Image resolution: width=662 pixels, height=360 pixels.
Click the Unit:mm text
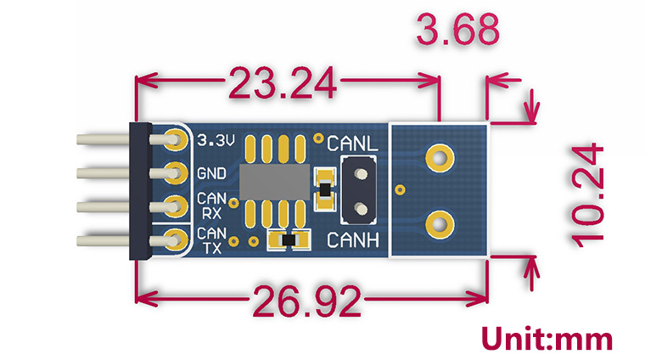[x=547, y=339]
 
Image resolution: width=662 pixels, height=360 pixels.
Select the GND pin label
[x=211, y=173]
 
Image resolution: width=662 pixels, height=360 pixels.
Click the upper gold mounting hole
[x=439, y=156]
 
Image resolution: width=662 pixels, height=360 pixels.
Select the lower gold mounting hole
[x=439, y=224]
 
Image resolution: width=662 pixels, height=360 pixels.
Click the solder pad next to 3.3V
[x=176, y=139]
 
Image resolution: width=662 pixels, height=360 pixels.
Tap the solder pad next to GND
[x=176, y=172]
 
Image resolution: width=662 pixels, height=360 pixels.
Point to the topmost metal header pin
[x=102, y=139]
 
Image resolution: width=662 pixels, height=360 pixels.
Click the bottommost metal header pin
[x=102, y=241]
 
